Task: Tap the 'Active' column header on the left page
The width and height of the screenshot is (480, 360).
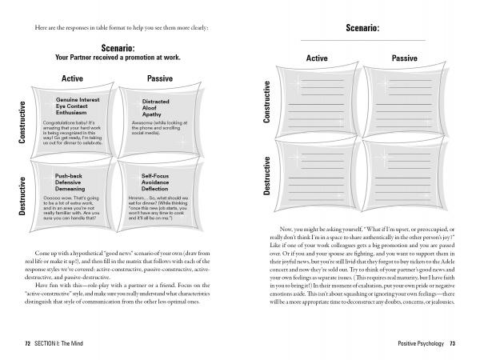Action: (73, 78)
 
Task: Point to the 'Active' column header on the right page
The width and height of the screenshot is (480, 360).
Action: (318, 58)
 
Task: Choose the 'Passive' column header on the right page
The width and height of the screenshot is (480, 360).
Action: (404, 58)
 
